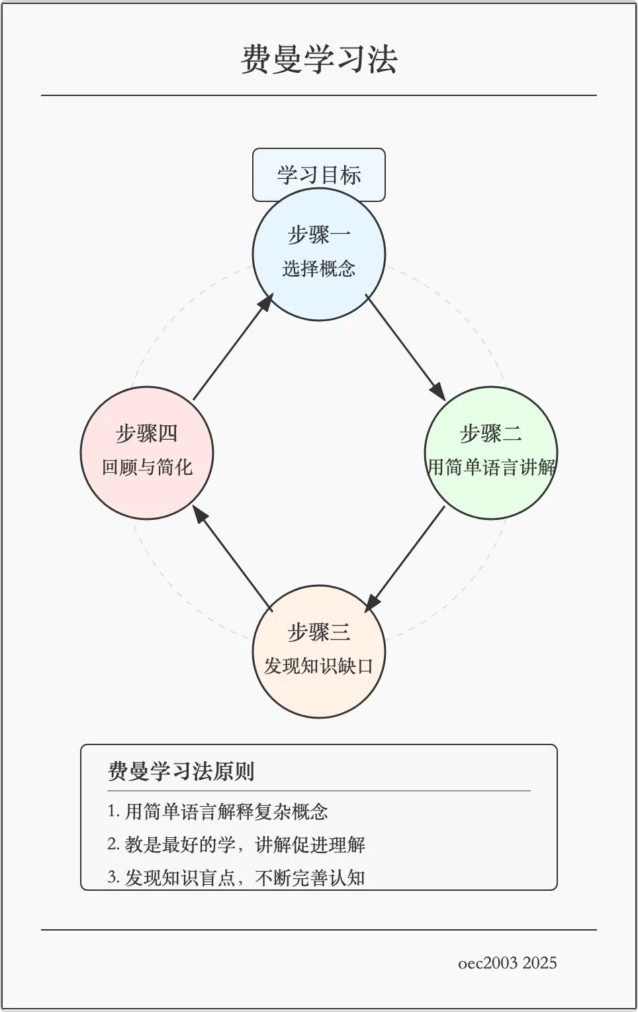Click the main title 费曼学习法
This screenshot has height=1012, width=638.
319,60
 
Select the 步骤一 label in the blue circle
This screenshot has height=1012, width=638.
319,235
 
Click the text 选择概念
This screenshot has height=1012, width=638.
319,268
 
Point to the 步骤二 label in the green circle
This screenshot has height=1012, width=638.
491,434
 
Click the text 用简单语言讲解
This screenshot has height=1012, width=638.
491,467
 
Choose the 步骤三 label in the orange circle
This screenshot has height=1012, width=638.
319,632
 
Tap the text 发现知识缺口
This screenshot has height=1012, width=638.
319,666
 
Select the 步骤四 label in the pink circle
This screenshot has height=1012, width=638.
147,434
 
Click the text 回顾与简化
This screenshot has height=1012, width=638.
147,467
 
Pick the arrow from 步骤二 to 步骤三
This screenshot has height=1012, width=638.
405,558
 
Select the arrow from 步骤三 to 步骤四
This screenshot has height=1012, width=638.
233,558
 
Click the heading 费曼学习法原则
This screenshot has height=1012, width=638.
181,772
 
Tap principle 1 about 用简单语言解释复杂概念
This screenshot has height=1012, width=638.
218,811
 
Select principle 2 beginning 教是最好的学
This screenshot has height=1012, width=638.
236,844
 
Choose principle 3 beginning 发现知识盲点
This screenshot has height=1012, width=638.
236,878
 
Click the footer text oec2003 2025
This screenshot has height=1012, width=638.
508,963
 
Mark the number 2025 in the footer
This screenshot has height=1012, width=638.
539,963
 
